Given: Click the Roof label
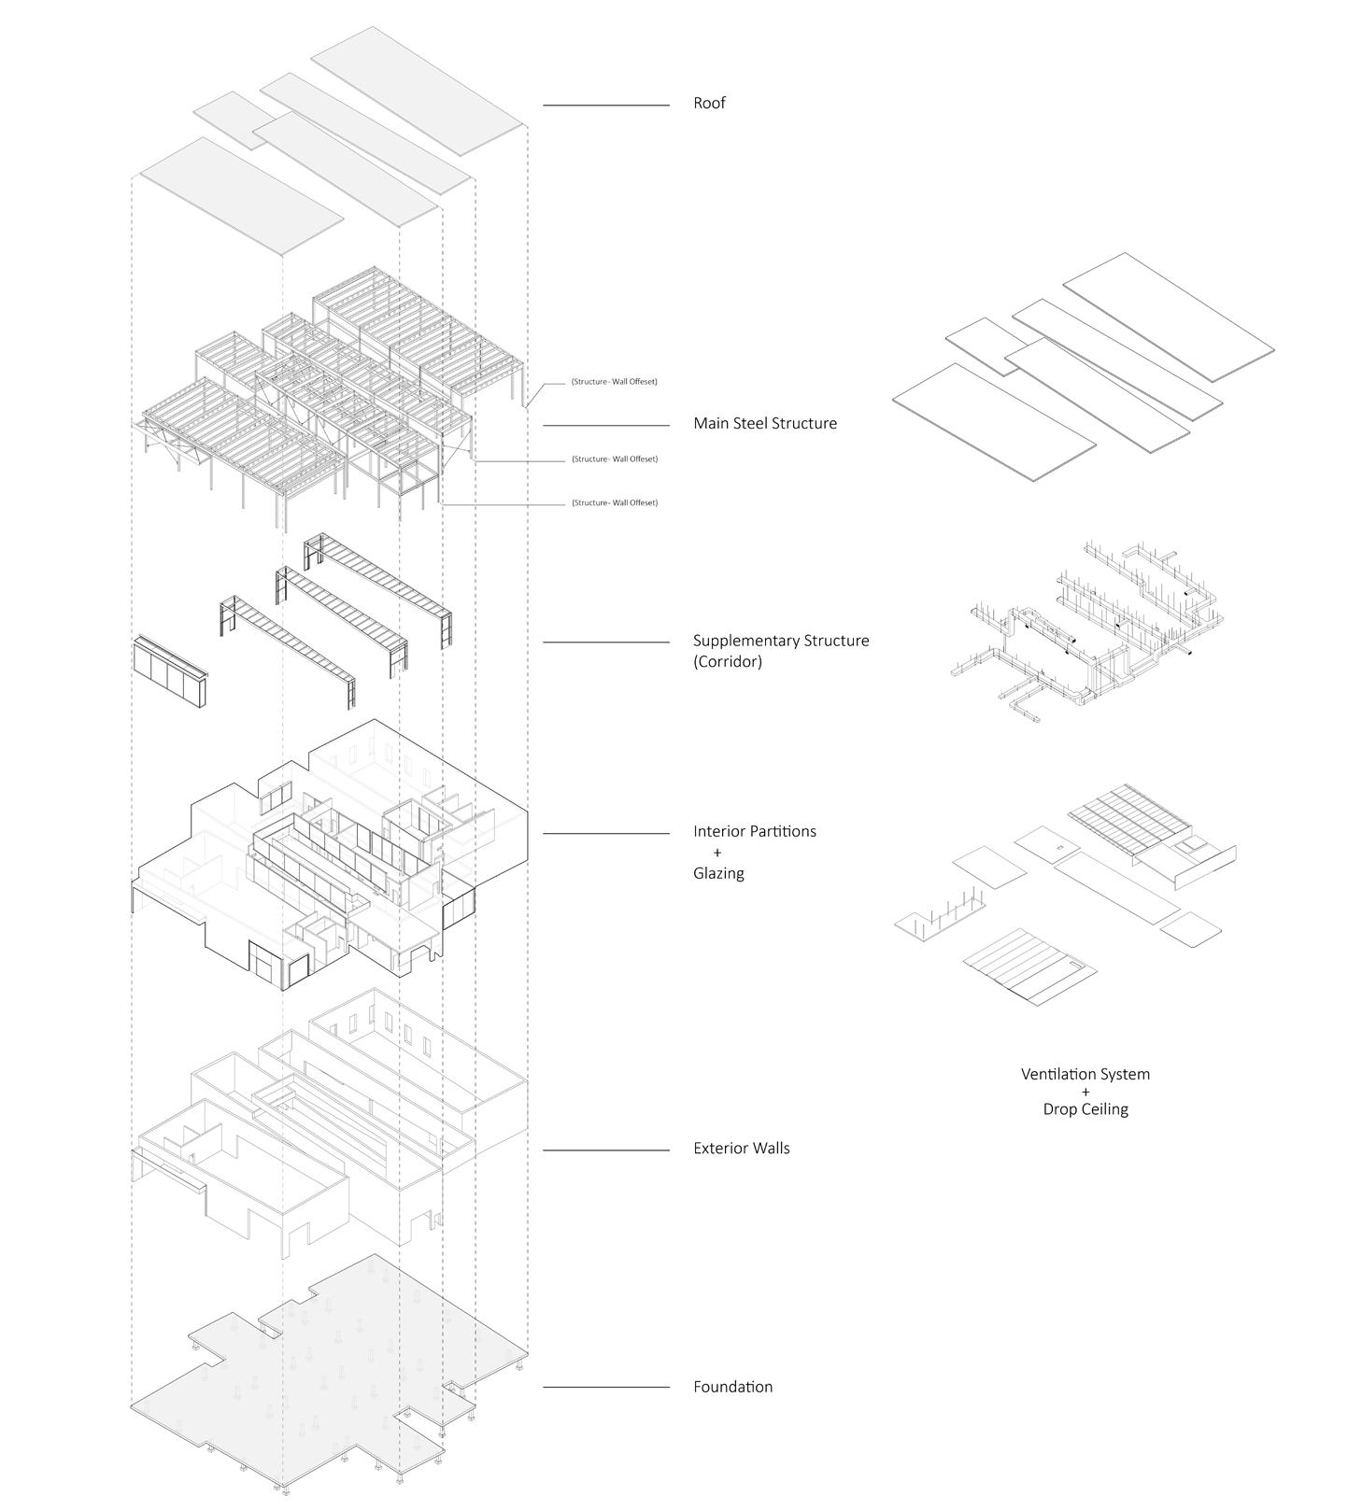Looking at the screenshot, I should pyautogui.click(x=709, y=103).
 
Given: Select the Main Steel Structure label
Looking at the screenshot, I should pyautogui.click(x=764, y=423).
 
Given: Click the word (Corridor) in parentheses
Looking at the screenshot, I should pyautogui.click(x=727, y=661).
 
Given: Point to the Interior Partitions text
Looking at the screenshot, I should pyautogui.click(x=754, y=831).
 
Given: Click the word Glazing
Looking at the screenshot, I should pyautogui.click(x=718, y=873).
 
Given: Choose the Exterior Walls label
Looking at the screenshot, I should pyautogui.click(x=741, y=1148).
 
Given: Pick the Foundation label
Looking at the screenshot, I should pyautogui.click(x=732, y=1387).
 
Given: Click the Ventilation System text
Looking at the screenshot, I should pyautogui.click(x=1085, y=1074).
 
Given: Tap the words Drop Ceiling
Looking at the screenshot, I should pyautogui.click(x=1085, y=1109).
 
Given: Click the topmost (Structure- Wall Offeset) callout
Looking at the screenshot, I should pyautogui.click(x=614, y=382).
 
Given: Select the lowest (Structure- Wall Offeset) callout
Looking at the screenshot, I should pyautogui.click(x=614, y=502).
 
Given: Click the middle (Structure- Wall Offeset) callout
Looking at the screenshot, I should pyautogui.click(x=614, y=459).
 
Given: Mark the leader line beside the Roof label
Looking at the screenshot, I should pyautogui.click(x=605, y=106).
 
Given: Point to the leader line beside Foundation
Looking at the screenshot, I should pyautogui.click(x=605, y=1387).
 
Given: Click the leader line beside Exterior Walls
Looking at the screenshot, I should pyautogui.click(x=605, y=1150).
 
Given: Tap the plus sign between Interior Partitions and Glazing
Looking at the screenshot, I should pyautogui.click(x=717, y=853).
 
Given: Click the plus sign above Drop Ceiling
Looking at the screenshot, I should pyautogui.click(x=1085, y=1092).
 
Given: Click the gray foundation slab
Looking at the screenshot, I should pyautogui.click(x=327, y=1373).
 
